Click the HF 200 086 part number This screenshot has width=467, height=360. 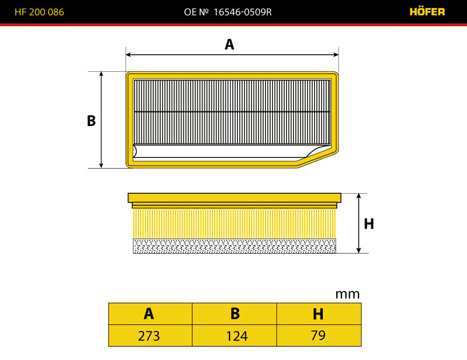pyautogui.click(x=39, y=12)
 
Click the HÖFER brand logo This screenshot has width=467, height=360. pyautogui.click(x=427, y=11)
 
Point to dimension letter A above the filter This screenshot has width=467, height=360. pyautogui.click(x=229, y=45)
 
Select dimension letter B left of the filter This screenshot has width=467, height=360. pyautogui.click(x=92, y=121)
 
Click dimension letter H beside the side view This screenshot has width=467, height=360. pyautogui.click(x=369, y=223)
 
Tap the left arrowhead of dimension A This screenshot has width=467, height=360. pyautogui.click(x=128, y=54)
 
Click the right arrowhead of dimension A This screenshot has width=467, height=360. pyautogui.click(x=336, y=54)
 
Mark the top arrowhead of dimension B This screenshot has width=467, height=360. pyautogui.click(x=101, y=75)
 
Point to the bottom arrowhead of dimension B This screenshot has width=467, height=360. pyautogui.click(x=101, y=165)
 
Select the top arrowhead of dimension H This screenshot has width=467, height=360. pyautogui.click(x=359, y=196)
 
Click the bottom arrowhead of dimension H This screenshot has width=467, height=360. pyautogui.click(x=359, y=250)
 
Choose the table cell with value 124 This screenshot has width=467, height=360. pyautogui.click(x=235, y=335)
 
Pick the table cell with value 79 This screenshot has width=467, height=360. pyautogui.click(x=319, y=335)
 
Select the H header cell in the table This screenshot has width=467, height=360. pyautogui.click(x=319, y=314)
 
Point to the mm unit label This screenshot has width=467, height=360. pyautogui.click(x=347, y=294)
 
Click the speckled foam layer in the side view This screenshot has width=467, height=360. pyautogui.click(x=235, y=246)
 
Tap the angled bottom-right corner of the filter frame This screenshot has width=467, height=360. pyautogui.click(x=318, y=160)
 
